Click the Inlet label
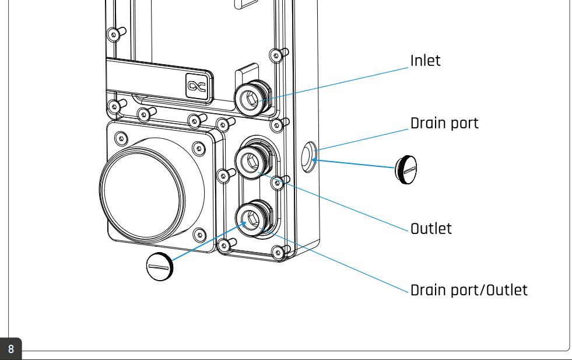pos(425,61)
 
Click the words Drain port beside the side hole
pos(444,124)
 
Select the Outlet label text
pos(431,228)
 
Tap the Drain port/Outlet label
pos(469,290)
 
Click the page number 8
pos(11,349)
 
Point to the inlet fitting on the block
pos(251,97)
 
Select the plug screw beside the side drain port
pos(406,169)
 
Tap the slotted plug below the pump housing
pos(159,267)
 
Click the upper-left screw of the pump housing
pos(121,139)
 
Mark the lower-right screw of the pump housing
pos(200,234)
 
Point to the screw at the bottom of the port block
pos(278,252)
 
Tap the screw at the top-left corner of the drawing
pos(114,33)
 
